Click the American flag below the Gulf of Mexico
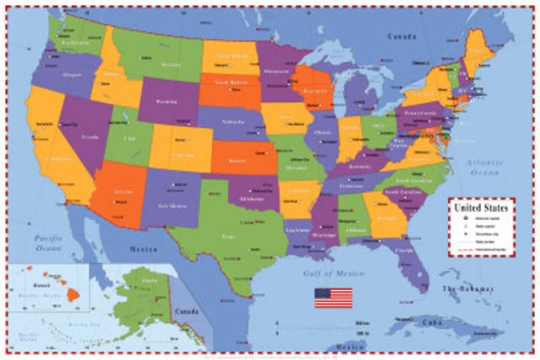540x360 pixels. (334, 297)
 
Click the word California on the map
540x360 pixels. (58, 159)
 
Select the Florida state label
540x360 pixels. (405, 250)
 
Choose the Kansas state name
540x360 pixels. (236, 159)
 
